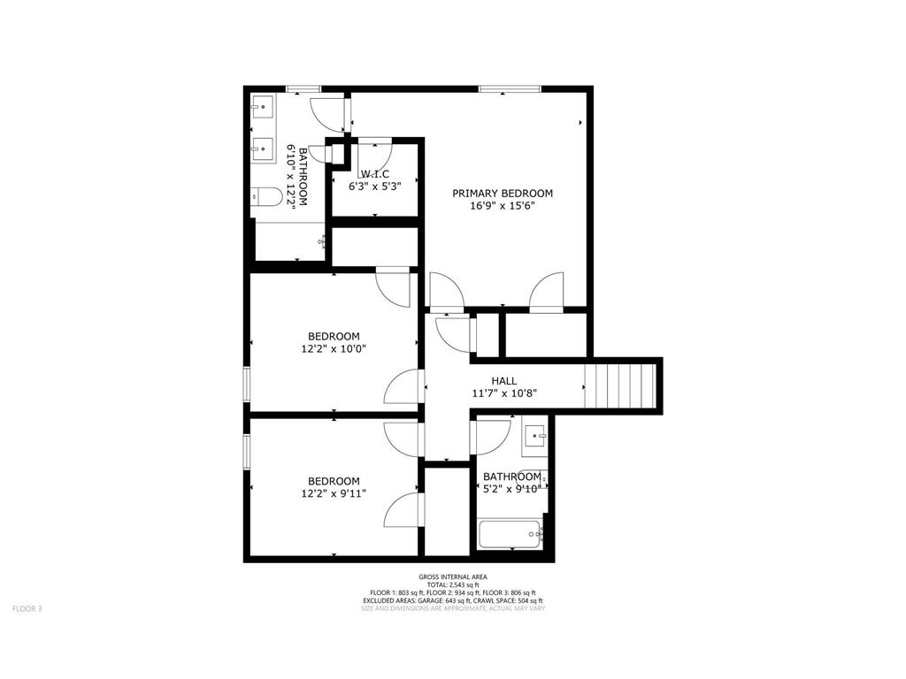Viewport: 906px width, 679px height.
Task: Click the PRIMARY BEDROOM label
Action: coord(502,194)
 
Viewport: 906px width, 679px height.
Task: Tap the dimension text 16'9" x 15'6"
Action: coord(502,207)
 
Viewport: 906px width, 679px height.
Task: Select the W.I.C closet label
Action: coord(374,174)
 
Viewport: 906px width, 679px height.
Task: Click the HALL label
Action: coord(503,381)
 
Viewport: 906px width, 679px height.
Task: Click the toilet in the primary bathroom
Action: coord(268,197)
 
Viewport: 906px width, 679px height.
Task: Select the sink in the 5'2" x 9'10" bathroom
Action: coord(534,437)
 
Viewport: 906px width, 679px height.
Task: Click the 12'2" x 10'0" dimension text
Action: coord(334,348)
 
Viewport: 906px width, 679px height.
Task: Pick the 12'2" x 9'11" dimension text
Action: coord(334,494)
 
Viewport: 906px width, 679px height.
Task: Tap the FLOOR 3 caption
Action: coord(27,608)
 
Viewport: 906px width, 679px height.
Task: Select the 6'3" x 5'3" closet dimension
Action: coord(374,187)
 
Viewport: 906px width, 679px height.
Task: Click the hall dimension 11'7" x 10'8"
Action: coord(503,394)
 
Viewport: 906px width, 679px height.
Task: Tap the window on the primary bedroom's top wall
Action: coord(510,88)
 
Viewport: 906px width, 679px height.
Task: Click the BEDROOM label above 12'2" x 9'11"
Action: coord(334,481)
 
